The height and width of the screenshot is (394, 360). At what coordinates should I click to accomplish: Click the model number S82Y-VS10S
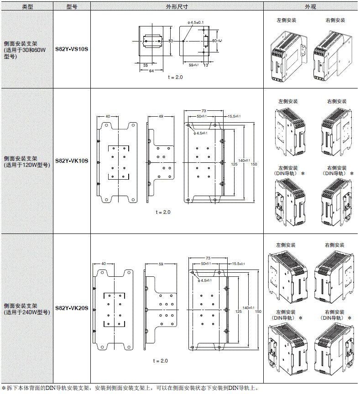(72, 49)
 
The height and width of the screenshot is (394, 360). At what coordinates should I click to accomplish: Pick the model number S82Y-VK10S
(72, 161)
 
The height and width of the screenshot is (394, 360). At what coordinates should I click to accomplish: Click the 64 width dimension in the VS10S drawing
(151, 71)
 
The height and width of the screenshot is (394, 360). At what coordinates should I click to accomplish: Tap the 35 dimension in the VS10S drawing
(145, 65)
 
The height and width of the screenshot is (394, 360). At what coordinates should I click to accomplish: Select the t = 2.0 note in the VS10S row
(175, 78)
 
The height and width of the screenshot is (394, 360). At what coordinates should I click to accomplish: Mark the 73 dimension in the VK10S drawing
(204, 111)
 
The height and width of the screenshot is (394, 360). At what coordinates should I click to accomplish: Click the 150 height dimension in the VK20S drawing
(258, 311)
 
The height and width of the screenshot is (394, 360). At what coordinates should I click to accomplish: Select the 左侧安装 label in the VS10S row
(287, 21)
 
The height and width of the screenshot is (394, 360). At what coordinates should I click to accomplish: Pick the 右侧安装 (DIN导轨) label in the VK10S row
(335, 171)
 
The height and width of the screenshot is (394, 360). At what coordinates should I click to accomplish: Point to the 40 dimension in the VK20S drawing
(104, 264)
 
